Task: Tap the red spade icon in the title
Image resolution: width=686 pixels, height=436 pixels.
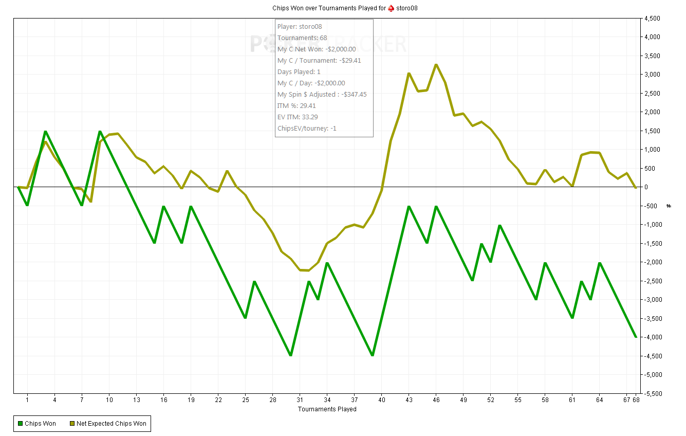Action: coord(391,8)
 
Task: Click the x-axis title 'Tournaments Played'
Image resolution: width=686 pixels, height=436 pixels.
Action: coord(327,409)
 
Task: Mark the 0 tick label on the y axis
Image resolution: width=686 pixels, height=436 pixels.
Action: coord(648,187)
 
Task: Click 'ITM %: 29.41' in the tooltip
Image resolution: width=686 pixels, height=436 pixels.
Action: coord(296,105)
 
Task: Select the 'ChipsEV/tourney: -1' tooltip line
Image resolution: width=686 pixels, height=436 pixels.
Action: coord(307,128)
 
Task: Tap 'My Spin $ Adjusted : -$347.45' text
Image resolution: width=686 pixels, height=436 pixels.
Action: coord(322,94)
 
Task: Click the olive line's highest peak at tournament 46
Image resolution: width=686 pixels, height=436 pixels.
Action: coord(436,65)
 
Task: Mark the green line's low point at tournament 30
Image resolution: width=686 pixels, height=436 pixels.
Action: coord(291,355)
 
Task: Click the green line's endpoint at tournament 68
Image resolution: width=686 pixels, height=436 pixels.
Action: coord(636,337)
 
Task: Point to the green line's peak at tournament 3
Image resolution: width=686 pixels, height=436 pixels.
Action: coord(45,131)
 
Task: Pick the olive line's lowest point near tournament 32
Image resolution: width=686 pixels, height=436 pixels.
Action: coord(308,270)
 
